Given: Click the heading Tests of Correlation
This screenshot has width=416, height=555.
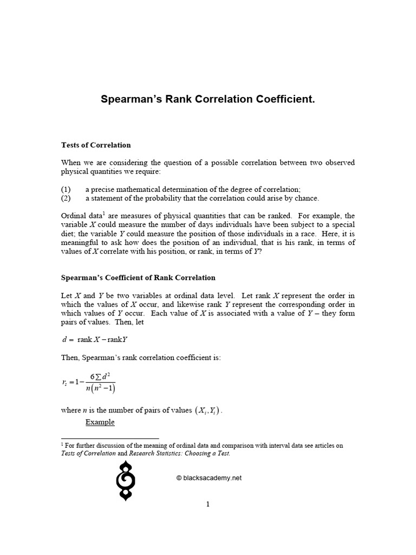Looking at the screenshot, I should (x=96, y=145).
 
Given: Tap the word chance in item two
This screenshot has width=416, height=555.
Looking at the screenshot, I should (x=308, y=198).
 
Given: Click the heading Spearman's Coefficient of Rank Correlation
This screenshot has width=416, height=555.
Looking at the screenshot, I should (x=138, y=277).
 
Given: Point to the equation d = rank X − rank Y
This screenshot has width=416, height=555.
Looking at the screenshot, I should (x=94, y=340).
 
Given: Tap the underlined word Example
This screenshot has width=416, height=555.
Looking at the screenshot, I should (x=100, y=422).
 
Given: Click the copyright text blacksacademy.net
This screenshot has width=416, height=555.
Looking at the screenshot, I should (x=209, y=478).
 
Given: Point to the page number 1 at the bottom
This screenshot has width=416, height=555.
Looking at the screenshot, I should (x=207, y=504).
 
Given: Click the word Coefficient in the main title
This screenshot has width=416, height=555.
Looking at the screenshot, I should (x=282, y=100).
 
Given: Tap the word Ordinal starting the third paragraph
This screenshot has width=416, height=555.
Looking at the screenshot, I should (x=73, y=216).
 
